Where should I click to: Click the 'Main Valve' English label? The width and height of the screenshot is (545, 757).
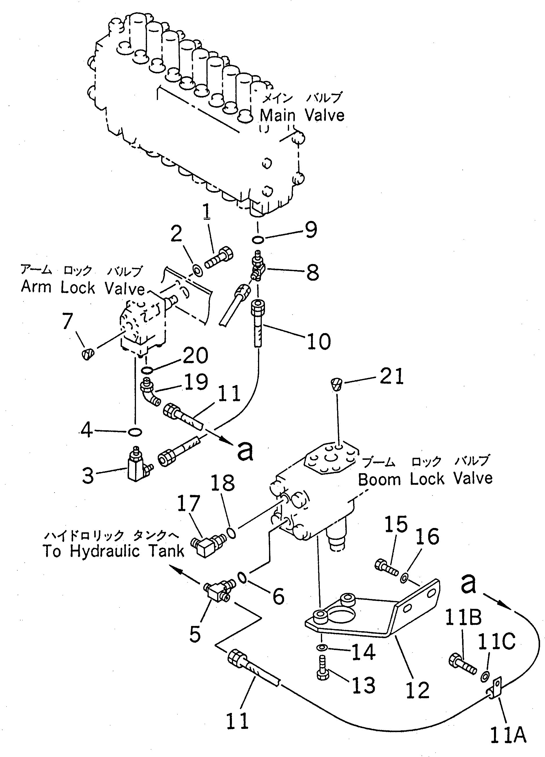[x=302, y=115]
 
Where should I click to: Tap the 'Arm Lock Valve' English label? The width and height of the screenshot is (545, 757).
[x=83, y=287]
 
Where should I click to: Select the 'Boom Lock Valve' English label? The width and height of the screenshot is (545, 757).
[x=425, y=479]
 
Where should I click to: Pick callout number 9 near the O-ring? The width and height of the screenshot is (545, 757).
[x=311, y=230]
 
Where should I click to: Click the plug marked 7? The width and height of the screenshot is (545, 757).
[x=88, y=353]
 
